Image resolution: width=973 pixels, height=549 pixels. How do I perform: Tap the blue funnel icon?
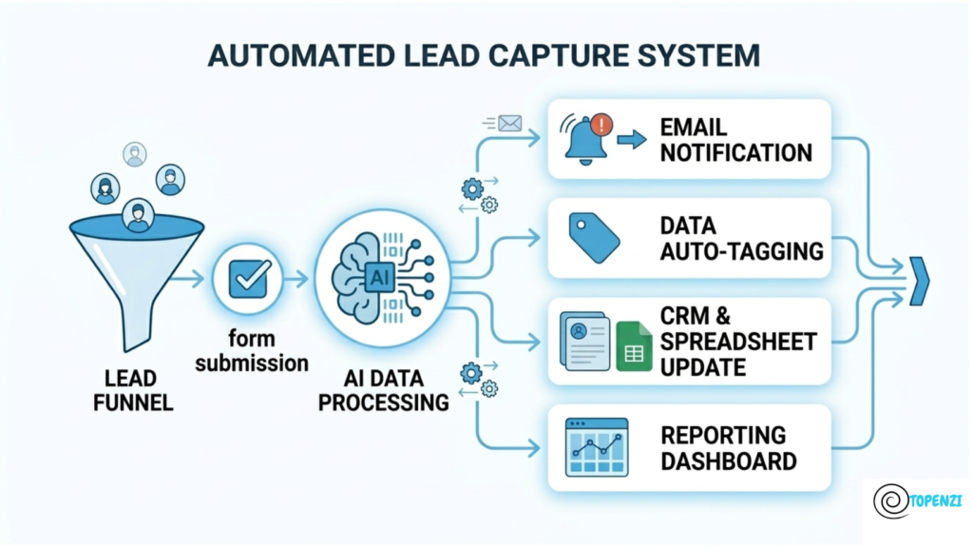pos(137,271)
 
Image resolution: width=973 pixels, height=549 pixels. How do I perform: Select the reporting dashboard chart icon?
pos(596,447)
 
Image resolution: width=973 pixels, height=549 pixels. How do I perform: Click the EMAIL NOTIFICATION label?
pos(736,140)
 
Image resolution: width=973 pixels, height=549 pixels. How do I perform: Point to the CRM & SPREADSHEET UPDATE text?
pos(737,342)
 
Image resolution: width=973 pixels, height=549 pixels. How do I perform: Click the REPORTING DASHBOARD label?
pos(728,448)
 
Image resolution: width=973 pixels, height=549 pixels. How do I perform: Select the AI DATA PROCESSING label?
pos(384,390)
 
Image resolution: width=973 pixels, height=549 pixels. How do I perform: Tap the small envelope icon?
pos(510,123)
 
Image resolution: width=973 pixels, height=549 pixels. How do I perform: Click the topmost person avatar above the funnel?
pos(135,154)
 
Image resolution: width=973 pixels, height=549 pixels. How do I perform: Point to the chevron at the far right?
pos(918,281)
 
